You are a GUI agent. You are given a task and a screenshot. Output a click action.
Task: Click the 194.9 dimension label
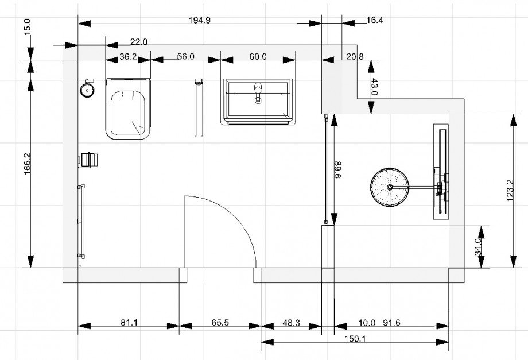tap(199, 20)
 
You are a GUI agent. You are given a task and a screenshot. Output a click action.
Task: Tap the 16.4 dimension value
tap(374, 20)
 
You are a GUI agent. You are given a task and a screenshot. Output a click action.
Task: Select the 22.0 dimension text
tap(139, 42)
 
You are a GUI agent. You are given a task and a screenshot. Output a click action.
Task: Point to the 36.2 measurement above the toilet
tap(128, 56)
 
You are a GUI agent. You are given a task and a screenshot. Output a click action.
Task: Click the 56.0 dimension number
tap(185, 56)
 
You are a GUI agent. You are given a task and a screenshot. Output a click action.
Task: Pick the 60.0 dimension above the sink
tap(258, 56)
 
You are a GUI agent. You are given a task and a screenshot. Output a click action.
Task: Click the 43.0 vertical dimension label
tap(374, 87)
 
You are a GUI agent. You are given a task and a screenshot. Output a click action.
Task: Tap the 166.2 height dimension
tap(28, 164)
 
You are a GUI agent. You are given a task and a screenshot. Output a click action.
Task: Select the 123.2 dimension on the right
tap(510, 191)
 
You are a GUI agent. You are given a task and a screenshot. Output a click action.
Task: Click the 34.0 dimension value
tap(478, 247)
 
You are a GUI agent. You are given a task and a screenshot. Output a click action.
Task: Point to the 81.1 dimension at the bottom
tap(129, 323)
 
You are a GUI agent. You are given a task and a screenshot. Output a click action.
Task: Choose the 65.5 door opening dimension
tap(220, 323)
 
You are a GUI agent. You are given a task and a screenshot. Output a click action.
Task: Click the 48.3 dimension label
tap(292, 323)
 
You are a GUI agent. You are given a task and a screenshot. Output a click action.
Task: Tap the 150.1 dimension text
tap(355, 338)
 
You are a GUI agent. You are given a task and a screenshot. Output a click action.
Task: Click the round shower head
tap(390, 187)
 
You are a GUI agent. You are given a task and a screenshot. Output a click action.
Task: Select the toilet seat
tap(128, 113)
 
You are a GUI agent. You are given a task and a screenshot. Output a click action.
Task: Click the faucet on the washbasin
tap(258, 92)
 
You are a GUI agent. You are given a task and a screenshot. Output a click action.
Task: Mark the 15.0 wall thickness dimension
tap(28, 25)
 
